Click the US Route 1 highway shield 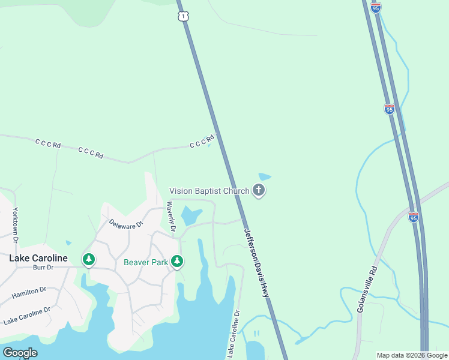click(x=182, y=16)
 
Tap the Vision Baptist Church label click(x=209, y=191)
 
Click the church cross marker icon click(x=259, y=191)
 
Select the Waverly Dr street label click(x=171, y=217)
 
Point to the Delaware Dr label click(x=126, y=224)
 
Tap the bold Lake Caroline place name click(x=38, y=259)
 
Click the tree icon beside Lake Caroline click(x=89, y=259)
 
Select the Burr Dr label click(x=43, y=268)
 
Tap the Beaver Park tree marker click(x=176, y=261)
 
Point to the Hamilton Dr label click(x=29, y=293)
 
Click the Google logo click(x=20, y=353)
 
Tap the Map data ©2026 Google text click(x=412, y=355)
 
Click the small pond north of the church click(x=265, y=177)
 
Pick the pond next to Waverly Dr click(x=191, y=215)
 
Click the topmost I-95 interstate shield click(x=376, y=7)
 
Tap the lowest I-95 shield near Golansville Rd click(x=413, y=217)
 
